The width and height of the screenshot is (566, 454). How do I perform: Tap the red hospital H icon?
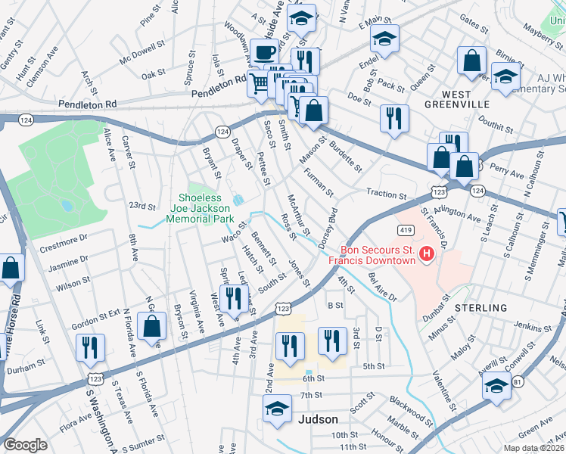pos(426,253)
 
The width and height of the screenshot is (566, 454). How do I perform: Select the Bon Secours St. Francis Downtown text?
pos(378,255)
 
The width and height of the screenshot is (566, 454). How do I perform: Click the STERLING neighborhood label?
pos(480,308)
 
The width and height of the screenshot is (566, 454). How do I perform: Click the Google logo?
pos(25,445)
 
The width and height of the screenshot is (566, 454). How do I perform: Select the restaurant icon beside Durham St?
pos(89,347)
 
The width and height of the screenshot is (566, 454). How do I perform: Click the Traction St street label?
pos(387,194)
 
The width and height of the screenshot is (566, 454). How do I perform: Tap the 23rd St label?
pos(141,206)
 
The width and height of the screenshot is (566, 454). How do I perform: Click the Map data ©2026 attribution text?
pos(533,446)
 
